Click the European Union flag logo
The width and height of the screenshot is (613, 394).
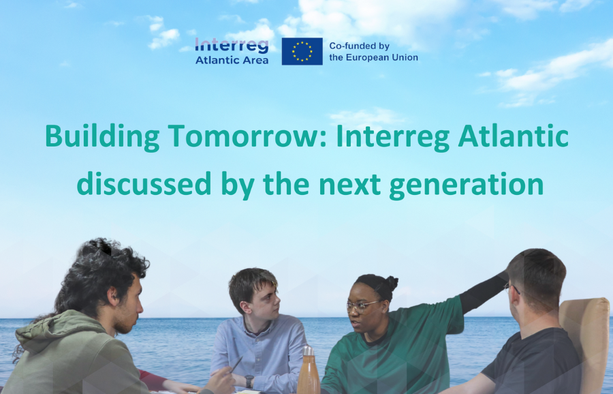coord(302,51)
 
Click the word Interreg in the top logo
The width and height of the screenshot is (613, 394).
coord(232,46)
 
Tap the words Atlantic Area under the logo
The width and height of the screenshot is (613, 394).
coord(232,60)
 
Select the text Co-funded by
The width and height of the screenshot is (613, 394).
coord(359,46)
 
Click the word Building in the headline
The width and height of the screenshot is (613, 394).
coord(102,137)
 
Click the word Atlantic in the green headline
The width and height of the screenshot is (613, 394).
coord(513,136)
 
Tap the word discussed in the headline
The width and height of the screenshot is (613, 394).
coord(144,183)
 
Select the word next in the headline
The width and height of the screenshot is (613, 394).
coord(349,185)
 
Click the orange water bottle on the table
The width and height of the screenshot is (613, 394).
coord(309,371)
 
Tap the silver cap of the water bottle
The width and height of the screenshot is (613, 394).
coord(309,350)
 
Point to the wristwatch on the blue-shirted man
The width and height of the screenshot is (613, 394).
coord(249,381)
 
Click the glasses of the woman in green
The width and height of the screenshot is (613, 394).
coord(363,305)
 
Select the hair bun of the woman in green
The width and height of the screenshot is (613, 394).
coord(392,282)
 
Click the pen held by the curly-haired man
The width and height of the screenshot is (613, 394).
coord(236,365)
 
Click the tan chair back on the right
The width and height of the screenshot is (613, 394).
coord(585,340)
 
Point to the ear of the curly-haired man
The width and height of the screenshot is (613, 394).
coord(112,296)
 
